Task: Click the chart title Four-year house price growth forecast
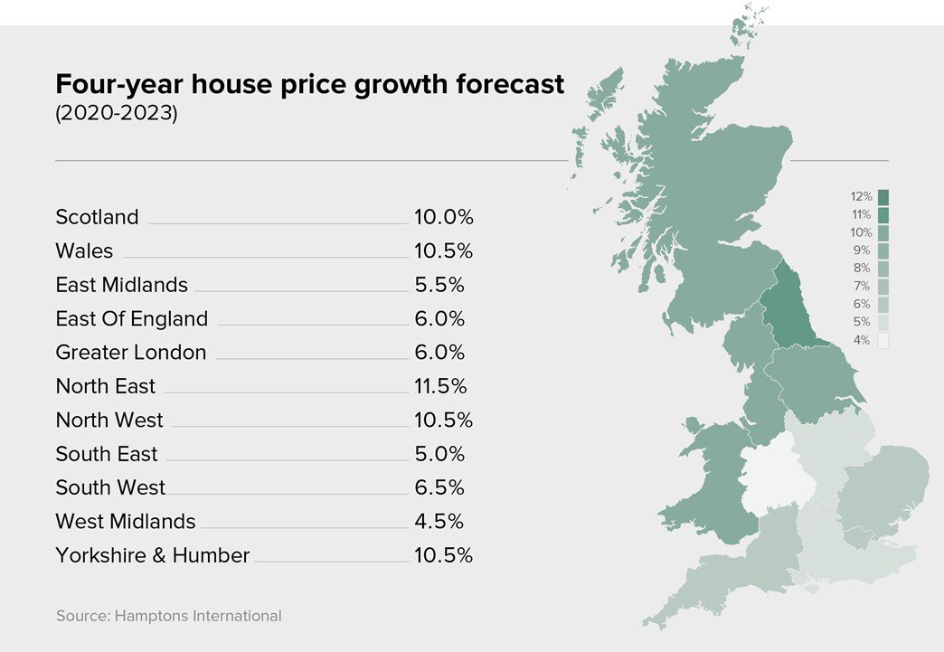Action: [x=309, y=84]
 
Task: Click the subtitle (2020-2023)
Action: [x=117, y=115]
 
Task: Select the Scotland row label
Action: [x=97, y=217]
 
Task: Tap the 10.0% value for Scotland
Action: [x=443, y=217]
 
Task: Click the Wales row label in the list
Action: [x=84, y=250]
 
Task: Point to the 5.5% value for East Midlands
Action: [x=439, y=285]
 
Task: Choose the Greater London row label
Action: [x=130, y=353]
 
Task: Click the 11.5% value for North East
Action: [x=440, y=386]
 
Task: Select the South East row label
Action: [x=106, y=454]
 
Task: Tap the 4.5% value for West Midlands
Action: [x=439, y=522]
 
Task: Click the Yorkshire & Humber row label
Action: [x=152, y=555]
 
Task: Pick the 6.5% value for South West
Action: [x=439, y=487]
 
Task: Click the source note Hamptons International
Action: [x=168, y=616]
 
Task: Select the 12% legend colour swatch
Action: [x=883, y=196]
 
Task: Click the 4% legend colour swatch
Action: [x=883, y=340]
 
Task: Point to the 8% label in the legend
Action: [x=861, y=268]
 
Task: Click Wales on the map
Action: [x=714, y=479]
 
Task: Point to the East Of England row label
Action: [x=131, y=318]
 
